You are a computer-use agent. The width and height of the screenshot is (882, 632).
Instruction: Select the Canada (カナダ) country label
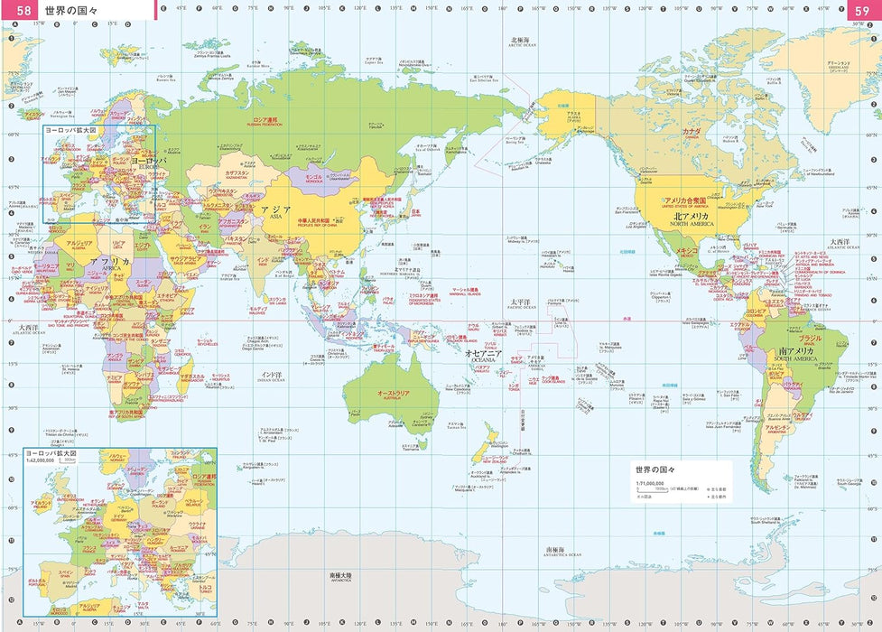(x=691, y=131)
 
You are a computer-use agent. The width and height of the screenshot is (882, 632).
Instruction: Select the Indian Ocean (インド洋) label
(x=272, y=373)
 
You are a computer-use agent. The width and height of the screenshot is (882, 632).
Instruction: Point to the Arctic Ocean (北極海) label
(x=520, y=41)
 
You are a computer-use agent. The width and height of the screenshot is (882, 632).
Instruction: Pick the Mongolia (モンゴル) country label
(x=314, y=177)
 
